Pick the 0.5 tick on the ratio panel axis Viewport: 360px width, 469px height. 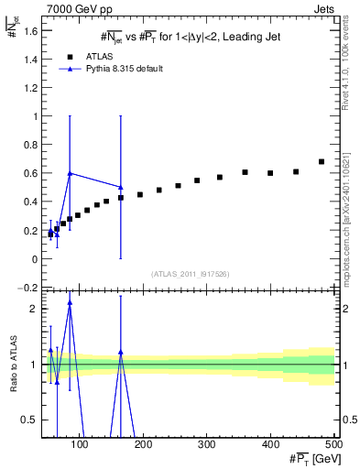tap(29, 420)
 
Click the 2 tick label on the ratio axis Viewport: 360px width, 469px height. tap(33, 309)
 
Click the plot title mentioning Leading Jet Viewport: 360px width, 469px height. tap(190, 37)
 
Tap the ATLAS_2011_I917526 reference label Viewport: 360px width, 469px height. tap(190, 274)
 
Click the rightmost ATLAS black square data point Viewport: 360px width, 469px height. tap(322, 162)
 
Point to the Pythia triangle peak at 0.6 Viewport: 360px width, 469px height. tap(70, 173)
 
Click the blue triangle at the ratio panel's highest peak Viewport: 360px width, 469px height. tap(70, 302)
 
